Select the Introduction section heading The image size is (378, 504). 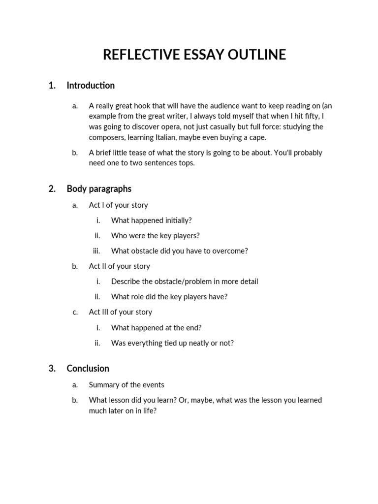(x=91, y=86)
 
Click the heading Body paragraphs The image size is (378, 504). (x=99, y=189)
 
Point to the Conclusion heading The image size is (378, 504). (x=88, y=369)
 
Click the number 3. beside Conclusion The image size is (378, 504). (x=52, y=369)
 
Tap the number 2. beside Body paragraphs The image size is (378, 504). (x=52, y=189)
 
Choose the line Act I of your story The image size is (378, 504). (x=118, y=205)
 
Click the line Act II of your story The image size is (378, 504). (x=119, y=266)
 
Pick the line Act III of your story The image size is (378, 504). (x=120, y=312)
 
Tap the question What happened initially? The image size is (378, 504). (x=151, y=220)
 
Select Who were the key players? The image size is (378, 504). (x=155, y=236)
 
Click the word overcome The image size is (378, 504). (x=231, y=251)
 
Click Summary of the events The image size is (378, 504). (x=126, y=385)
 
